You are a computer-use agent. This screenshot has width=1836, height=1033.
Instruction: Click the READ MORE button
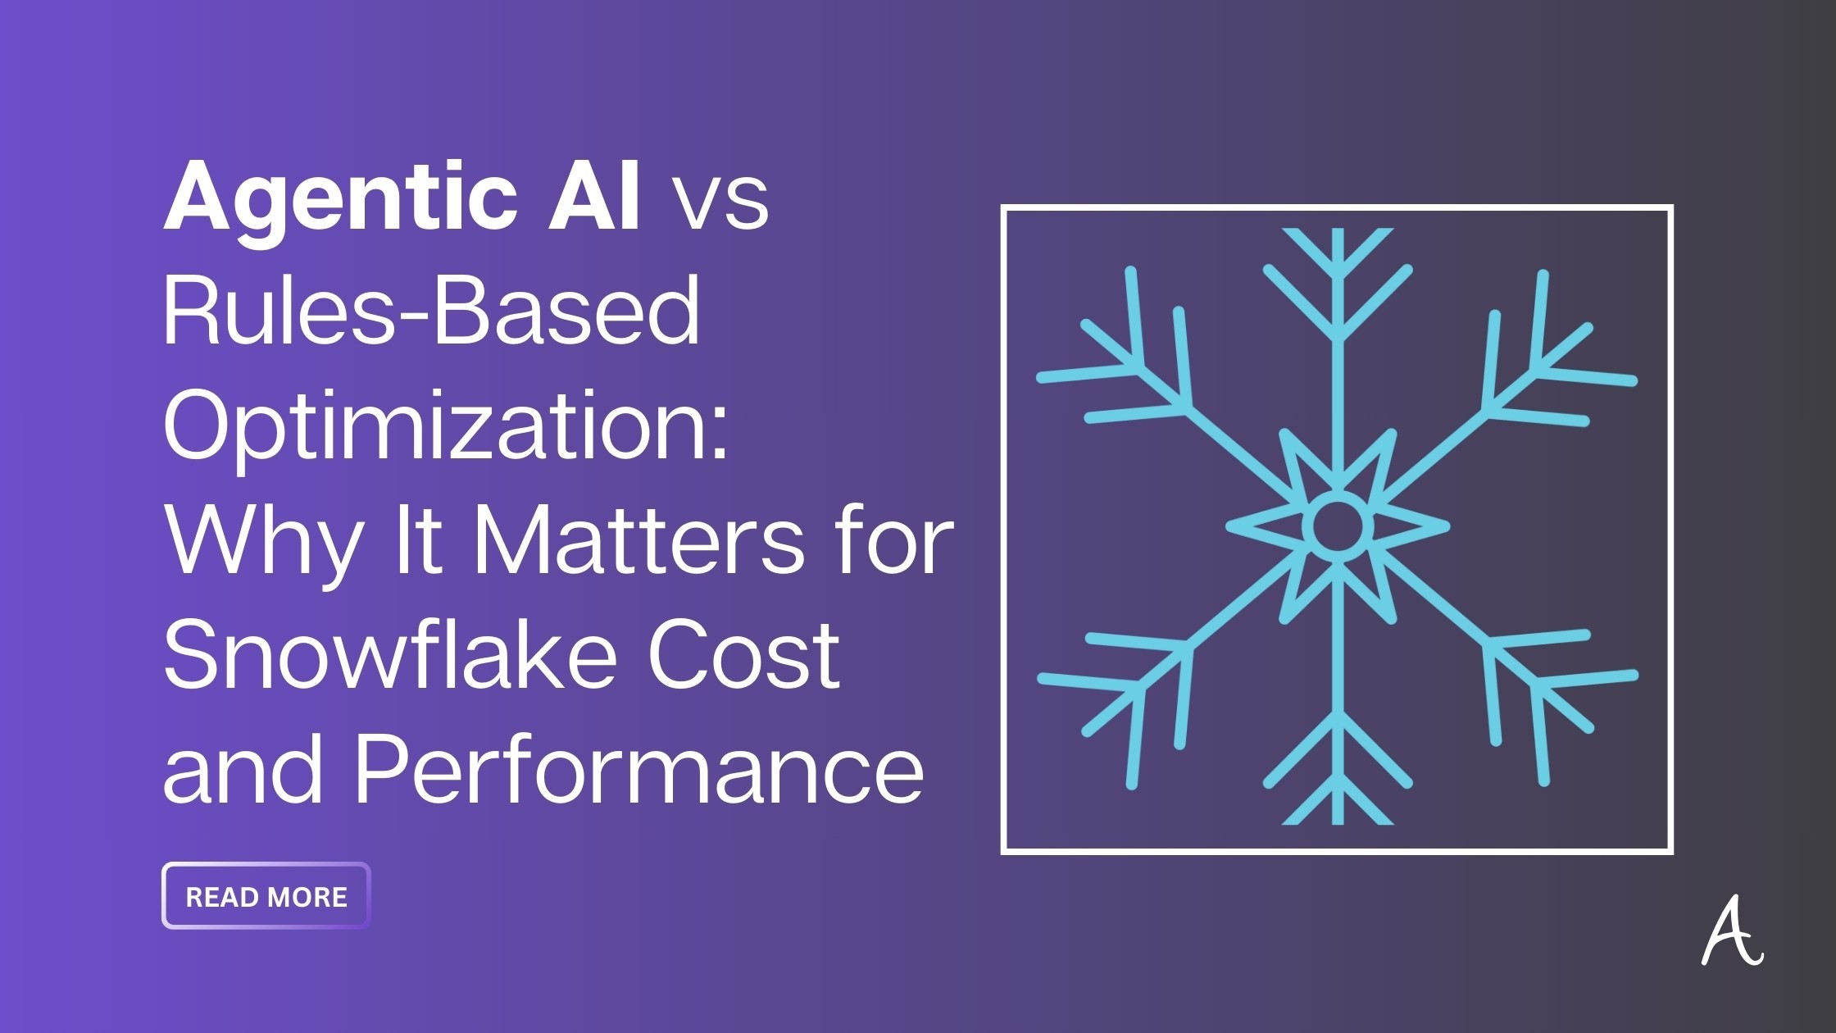tap(266, 896)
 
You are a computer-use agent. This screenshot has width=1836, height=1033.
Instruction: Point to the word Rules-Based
tap(432, 312)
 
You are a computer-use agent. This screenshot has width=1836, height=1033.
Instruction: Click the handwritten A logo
tap(1731, 934)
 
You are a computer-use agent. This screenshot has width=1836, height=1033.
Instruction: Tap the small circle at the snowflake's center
tap(1337, 526)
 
